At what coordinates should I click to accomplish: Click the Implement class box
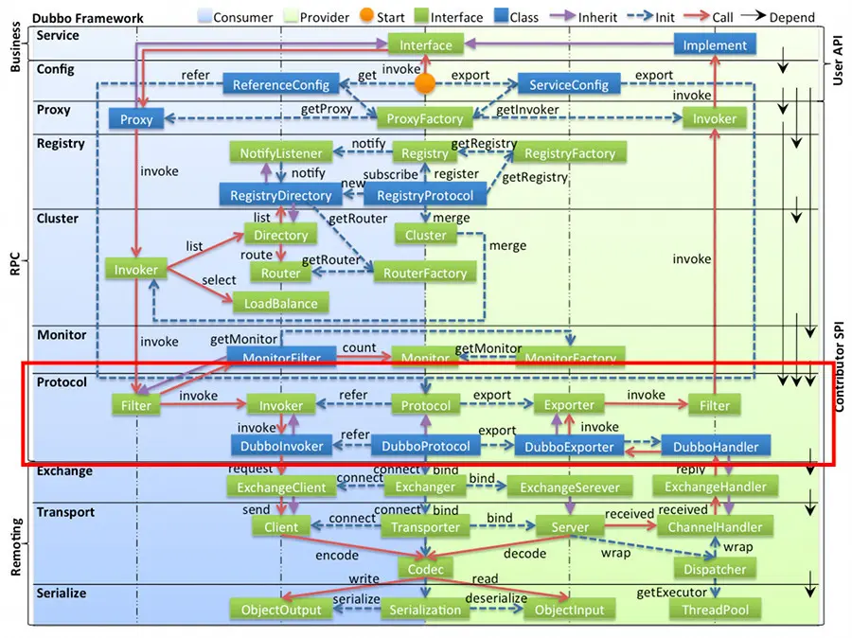[715, 44]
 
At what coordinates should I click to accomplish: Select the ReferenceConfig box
[281, 85]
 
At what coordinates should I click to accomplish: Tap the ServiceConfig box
[568, 85]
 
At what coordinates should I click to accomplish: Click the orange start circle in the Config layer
[426, 83]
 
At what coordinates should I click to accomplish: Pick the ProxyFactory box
[425, 119]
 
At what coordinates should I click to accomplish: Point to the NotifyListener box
[281, 153]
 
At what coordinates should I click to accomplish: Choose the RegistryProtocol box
[425, 196]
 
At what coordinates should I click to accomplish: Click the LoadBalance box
[281, 304]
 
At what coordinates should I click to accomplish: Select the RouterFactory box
[425, 274]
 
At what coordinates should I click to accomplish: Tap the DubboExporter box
[570, 446]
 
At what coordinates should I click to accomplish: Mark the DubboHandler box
[715, 446]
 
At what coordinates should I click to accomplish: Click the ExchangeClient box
[281, 487]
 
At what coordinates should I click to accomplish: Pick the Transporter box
[425, 528]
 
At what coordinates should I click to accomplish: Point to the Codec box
[425, 569]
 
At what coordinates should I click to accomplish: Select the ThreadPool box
[715, 611]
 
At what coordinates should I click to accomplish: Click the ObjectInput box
[570, 611]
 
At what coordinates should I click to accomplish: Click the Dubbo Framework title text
[89, 17]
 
